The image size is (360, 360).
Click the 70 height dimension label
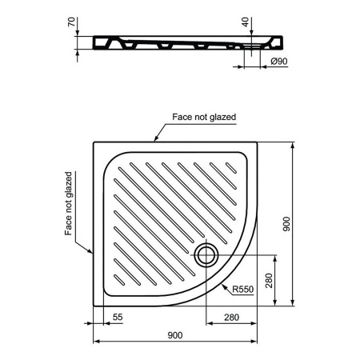(71, 22)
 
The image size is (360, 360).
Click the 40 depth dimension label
(246, 22)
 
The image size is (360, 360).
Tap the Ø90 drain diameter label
(279, 62)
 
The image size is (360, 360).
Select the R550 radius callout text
(242, 289)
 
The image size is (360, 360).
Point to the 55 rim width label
(118, 317)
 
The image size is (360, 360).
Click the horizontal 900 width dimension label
(175, 335)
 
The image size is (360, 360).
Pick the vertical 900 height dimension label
(286, 224)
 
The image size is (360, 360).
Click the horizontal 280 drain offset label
(231, 318)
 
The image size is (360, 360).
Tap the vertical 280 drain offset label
(270, 281)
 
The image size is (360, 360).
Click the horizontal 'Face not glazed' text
(204, 117)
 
